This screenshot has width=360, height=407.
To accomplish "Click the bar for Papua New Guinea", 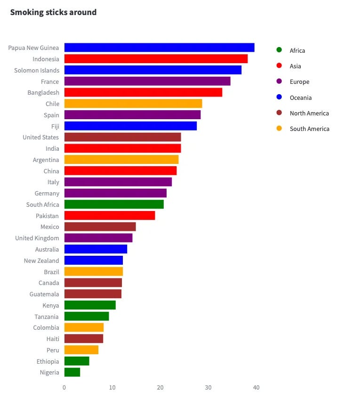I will click(x=159, y=48).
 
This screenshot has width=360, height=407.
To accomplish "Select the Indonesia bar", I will click(x=156, y=59).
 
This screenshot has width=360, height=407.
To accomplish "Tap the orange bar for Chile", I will click(x=133, y=104).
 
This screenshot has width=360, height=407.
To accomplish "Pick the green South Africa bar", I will click(x=114, y=204).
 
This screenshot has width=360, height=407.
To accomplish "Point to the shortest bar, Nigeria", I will click(x=72, y=373).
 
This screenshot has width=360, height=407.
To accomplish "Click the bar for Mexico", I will click(x=100, y=227).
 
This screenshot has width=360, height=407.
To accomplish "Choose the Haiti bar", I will click(x=84, y=339).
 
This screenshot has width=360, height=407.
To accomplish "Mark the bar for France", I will click(x=147, y=81).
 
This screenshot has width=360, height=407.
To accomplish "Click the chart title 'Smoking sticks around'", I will click(x=53, y=12).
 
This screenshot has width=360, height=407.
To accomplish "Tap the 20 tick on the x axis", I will click(x=160, y=387).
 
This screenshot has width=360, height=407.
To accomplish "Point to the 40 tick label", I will click(x=256, y=387).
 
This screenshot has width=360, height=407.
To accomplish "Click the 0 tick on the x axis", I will click(x=64, y=387).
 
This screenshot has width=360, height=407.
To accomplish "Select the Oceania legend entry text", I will click(x=301, y=98).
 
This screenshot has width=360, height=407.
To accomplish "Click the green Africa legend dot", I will click(x=279, y=50).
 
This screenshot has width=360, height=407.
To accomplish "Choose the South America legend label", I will click(x=309, y=129).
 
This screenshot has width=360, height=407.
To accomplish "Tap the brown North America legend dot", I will click(x=279, y=113).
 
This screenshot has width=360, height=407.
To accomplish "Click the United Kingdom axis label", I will click(x=37, y=238).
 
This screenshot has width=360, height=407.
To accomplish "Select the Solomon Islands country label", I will click(x=37, y=70).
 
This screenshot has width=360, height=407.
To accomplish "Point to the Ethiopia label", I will click(x=48, y=361).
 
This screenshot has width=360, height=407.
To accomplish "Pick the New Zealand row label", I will click(x=41, y=260).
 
